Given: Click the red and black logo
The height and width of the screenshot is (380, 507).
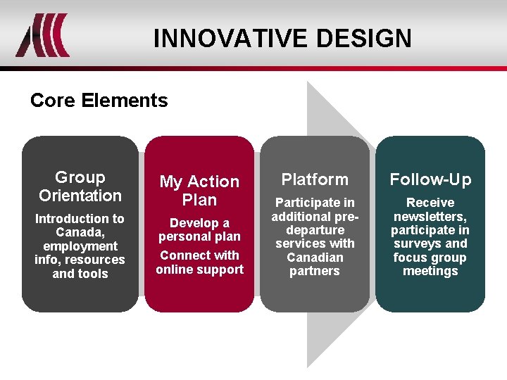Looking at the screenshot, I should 43,35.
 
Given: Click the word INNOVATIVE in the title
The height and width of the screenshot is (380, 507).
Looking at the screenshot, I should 230,38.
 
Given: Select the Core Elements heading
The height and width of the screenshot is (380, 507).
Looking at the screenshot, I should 99,101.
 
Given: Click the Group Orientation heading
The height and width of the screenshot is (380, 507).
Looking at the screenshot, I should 80,186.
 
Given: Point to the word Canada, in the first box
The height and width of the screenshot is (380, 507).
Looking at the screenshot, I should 80,232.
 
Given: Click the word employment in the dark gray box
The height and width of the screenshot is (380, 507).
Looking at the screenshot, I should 80,246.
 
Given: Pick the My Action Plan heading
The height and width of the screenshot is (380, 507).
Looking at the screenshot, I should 199,191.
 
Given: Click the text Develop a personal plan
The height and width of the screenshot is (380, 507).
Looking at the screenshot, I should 199,230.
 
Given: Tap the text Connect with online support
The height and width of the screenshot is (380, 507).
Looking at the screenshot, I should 199,262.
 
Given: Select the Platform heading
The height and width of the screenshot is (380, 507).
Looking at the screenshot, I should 315,179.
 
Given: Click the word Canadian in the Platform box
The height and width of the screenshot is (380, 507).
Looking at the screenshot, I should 315,258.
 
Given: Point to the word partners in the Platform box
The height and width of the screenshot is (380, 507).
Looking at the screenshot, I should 315,271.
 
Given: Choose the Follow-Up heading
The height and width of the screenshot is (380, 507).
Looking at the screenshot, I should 430,179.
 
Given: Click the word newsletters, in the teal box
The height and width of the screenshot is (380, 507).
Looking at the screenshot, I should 430,217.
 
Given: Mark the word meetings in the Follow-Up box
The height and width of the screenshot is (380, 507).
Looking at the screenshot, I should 430,271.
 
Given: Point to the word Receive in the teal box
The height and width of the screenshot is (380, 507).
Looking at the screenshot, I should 430,203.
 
